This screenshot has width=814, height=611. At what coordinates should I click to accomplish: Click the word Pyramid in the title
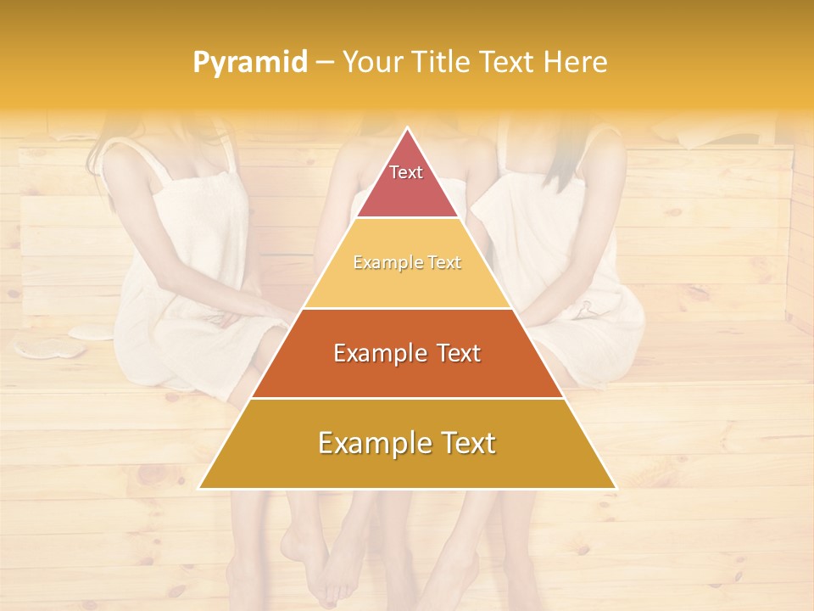[250, 63]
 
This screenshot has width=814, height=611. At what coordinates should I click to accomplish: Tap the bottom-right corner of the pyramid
[615, 488]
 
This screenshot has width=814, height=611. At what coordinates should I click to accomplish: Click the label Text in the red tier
[406, 172]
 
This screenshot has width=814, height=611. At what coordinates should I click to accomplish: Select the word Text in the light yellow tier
[443, 263]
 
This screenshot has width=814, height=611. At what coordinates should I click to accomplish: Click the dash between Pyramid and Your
[324, 63]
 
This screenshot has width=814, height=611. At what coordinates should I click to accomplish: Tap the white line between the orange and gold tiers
[407, 398]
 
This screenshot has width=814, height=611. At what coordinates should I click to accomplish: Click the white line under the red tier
[407, 218]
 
